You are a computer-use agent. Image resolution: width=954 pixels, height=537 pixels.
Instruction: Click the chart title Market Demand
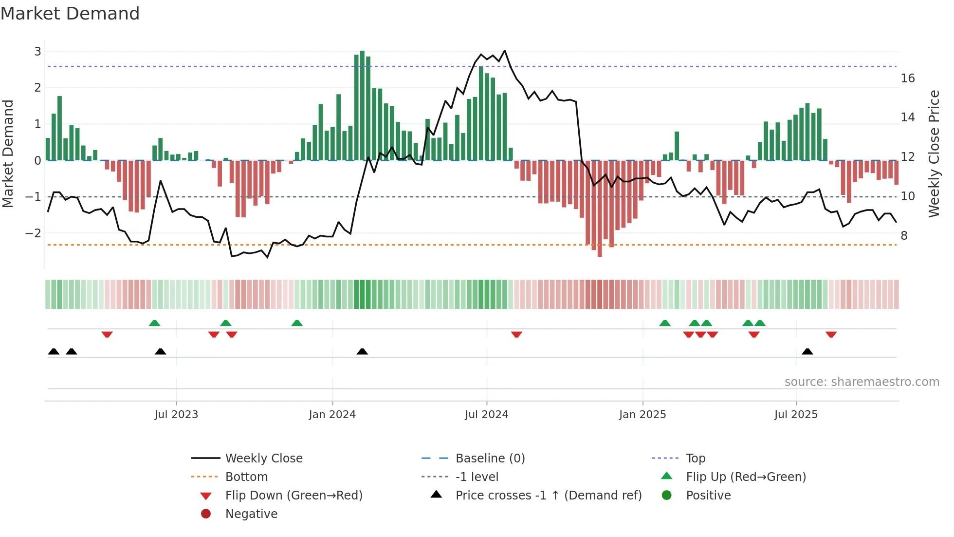coord(70,14)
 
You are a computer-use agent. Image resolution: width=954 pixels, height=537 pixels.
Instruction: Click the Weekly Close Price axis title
coord(934,153)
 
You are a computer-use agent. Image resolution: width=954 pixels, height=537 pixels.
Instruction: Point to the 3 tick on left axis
coord(37,51)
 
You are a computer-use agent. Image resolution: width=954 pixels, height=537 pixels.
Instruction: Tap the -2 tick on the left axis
coord(34,233)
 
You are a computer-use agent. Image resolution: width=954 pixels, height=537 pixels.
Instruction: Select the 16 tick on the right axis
coord(908,78)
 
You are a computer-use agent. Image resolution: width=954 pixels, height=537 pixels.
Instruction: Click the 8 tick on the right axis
coord(904,236)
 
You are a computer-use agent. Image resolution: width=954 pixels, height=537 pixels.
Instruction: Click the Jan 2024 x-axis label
coord(332,415)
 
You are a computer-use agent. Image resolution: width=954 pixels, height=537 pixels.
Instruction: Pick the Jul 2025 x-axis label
coord(796,415)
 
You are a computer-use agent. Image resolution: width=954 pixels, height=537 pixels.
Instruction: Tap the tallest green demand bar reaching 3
coord(362,105)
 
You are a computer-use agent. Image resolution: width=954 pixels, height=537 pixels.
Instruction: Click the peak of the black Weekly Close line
coord(505,51)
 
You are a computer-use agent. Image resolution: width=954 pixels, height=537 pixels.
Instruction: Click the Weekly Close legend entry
coord(263,458)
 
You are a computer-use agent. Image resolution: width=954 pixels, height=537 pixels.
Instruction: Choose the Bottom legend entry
coord(246,477)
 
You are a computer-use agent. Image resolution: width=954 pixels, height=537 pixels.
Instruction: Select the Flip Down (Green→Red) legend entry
coord(294,495)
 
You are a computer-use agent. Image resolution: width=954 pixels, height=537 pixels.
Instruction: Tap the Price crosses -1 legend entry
coord(548,495)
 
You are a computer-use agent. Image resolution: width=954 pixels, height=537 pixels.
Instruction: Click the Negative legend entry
coord(251,514)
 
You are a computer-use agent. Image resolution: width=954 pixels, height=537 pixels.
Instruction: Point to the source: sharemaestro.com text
coord(862,382)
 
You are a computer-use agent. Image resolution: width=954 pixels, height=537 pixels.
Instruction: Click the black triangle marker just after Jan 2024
coord(362,351)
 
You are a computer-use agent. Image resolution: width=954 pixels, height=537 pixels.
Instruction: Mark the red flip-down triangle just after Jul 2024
coord(516,334)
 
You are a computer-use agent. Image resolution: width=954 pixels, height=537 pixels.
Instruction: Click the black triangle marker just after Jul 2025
coord(807,351)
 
